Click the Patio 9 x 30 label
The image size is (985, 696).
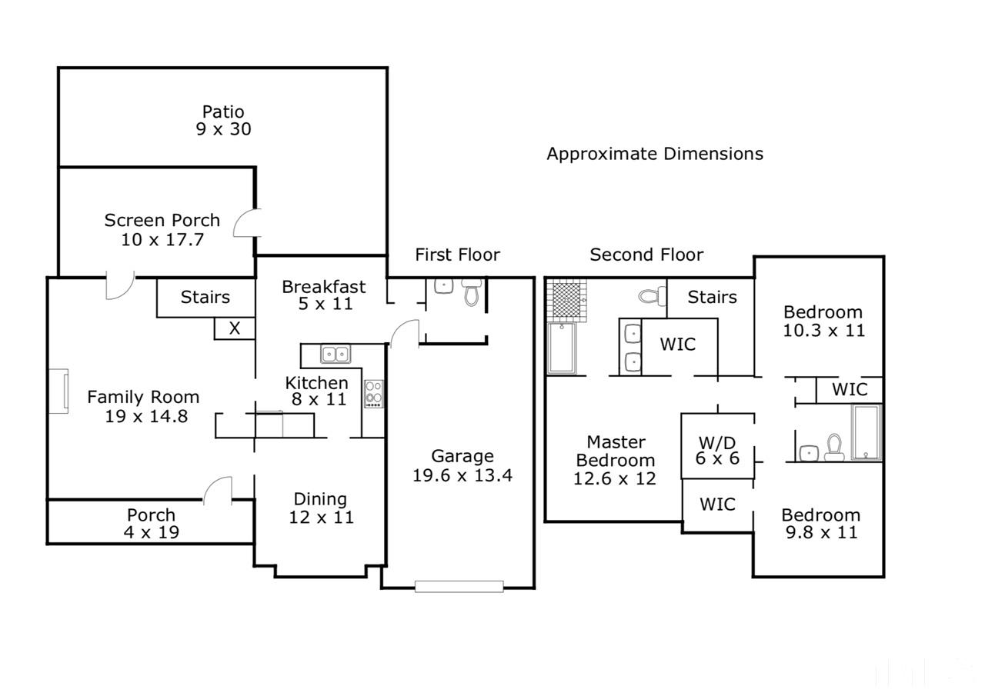pyautogui.click(x=223, y=121)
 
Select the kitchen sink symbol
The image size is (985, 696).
pyautogui.click(x=335, y=354)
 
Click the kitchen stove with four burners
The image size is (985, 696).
pyautogui.click(x=374, y=394)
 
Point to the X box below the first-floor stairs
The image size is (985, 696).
pyautogui.click(x=235, y=328)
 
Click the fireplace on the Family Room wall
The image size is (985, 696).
pyautogui.click(x=59, y=391)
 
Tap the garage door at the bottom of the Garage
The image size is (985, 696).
pyautogui.click(x=459, y=586)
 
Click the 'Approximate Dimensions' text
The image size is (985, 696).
pyautogui.click(x=655, y=154)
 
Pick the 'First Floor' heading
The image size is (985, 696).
pyautogui.click(x=457, y=255)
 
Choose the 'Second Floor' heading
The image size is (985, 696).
pyautogui.click(x=646, y=255)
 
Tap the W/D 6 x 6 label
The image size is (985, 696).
pyautogui.click(x=718, y=450)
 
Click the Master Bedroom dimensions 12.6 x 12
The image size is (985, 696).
pyautogui.click(x=615, y=478)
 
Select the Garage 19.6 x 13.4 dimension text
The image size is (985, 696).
pyautogui.click(x=462, y=475)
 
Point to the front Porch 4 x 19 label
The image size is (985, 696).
pyautogui.click(x=152, y=523)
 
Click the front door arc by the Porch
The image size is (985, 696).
pyautogui.click(x=218, y=490)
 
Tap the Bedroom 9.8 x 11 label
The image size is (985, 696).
pyautogui.click(x=820, y=523)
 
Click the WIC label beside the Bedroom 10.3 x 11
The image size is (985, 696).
pyautogui.click(x=850, y=389)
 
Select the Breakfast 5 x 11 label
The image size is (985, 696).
pyautogui.click(x=324, y=295)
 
